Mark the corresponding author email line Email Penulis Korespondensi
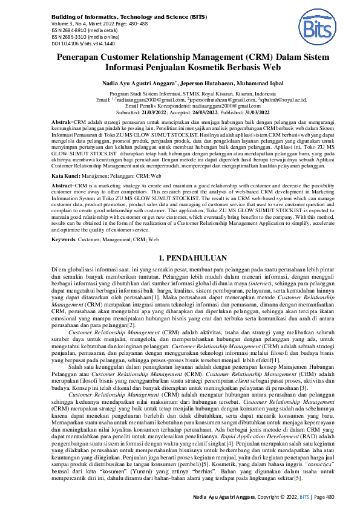click(180, 106)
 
